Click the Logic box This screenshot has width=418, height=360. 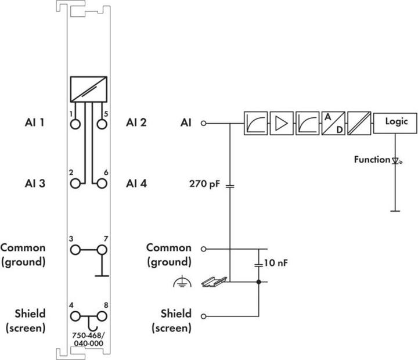click(397, 123)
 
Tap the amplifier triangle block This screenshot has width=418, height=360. click(281, 123)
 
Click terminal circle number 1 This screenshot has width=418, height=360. click(75, 124)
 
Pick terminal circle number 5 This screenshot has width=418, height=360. click(102, 124)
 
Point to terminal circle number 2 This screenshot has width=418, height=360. click(75, 183)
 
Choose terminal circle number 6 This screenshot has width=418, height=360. click(102, 183)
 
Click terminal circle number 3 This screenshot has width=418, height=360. click(75, 250)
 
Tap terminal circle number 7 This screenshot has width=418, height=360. click(102, 250)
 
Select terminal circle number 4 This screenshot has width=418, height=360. click(75, 316)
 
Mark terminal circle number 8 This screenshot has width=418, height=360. click(102, 316)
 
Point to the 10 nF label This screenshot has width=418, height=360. click(276, 263)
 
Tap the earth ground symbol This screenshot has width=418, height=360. click(182, 283)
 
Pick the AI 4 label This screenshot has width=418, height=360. click(136, 183)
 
